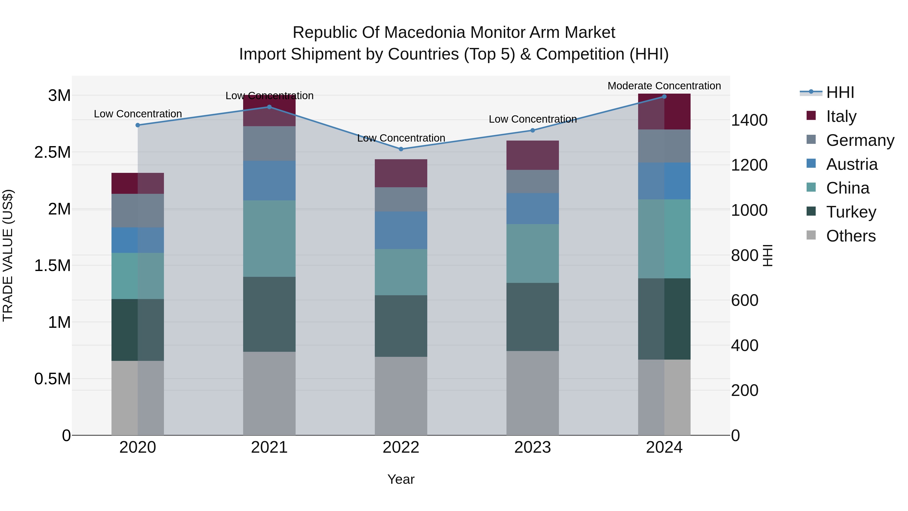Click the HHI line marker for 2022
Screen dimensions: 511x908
point(401,149)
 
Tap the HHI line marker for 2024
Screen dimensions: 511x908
point(664,97)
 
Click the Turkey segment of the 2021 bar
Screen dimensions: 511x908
point(269,314)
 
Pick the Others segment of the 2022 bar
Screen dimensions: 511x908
point(401,396)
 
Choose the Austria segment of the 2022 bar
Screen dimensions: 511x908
point(401,230)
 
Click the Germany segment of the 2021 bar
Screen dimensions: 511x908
point(269,144)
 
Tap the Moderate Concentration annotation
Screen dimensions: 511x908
point(664,86)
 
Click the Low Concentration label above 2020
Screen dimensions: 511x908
point(138,114)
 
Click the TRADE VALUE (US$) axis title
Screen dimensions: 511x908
point(8,255)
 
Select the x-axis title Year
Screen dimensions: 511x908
point(401,479)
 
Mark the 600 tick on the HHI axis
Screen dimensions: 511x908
point(745,301)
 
